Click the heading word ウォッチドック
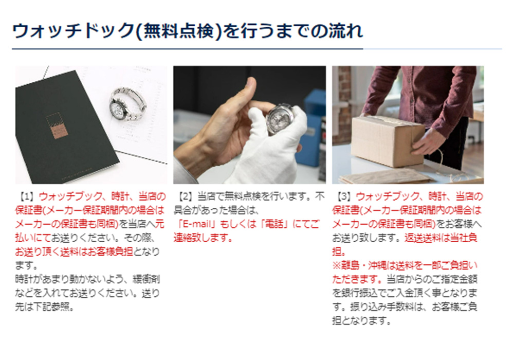tap(72, 31)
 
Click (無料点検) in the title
tap(178, 31)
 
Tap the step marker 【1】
tap(27, 197)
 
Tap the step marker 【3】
tap(344, 197)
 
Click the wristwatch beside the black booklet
tap(127, 104)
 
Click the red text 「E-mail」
tap(196, 224)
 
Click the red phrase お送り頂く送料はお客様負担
tap(74, 252)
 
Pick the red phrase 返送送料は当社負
tap(440, 238)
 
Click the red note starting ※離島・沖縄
tap(405, 272)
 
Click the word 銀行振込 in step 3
tap(361, 293)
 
